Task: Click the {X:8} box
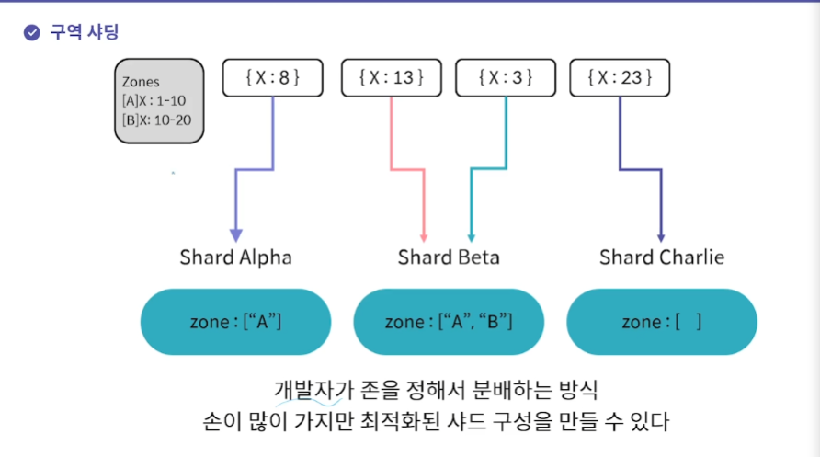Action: coord(273,78)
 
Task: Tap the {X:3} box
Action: coord(506,78)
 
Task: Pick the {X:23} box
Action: coord(620,78)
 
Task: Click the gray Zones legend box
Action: coord(158,101)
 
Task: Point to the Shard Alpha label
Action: coord(235,257)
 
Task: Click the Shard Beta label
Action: coord(449,257)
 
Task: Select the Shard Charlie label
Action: coord(662,257)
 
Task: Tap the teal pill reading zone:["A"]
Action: coord(235,322)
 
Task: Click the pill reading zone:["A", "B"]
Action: coord(449,322)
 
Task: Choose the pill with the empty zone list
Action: coord(662,322)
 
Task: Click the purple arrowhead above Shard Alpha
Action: coord(236,234)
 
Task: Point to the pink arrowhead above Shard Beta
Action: coord(424,234)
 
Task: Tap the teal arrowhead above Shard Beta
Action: coord(471,234)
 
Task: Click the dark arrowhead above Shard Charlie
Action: coord(662,234)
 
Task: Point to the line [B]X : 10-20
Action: coord(157,120)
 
